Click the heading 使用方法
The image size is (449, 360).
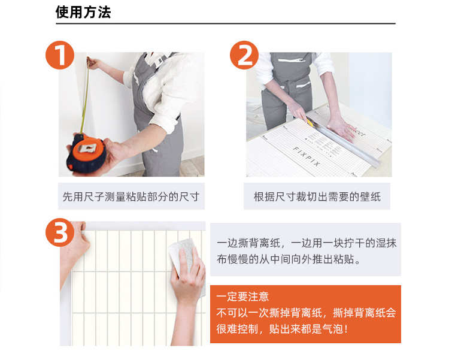83,13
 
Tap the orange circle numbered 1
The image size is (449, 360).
60,55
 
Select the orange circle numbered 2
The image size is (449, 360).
244,55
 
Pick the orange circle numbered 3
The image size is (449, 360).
60,232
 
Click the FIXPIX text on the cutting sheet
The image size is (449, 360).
307,156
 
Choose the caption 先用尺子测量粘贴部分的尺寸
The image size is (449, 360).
131,196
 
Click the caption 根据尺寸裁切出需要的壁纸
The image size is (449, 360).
317,196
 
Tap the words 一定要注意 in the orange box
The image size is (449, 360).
242,297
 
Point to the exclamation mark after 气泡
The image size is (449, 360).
347,329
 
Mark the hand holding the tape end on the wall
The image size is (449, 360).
93,63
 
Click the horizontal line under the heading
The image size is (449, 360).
226,23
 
